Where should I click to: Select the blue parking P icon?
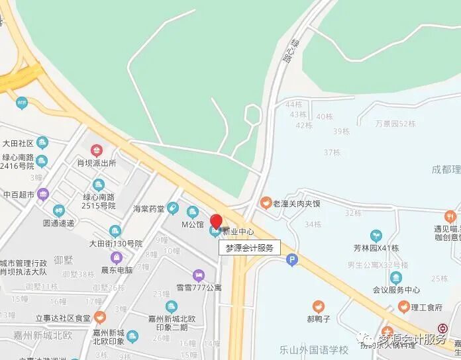tap(291, 261)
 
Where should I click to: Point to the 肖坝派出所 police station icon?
tap(97, 150)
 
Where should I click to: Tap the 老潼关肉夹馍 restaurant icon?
tap(265, 202)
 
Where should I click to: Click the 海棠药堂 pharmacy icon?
tap(173, 208)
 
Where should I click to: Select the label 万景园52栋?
tap(395, 123)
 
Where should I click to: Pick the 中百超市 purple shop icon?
tap(43, 195)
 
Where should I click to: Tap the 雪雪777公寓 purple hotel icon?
tap(198, 275)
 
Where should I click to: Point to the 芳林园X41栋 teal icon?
tap(376, 236)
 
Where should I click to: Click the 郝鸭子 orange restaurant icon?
tap(319, 306)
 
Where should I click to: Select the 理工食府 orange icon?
tap(403, 306)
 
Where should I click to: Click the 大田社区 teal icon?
tap(42, 142)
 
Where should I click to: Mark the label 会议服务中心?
tap(397, 289)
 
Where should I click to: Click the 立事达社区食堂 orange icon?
tap(99, 318)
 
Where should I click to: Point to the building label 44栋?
tap(293, 105)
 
